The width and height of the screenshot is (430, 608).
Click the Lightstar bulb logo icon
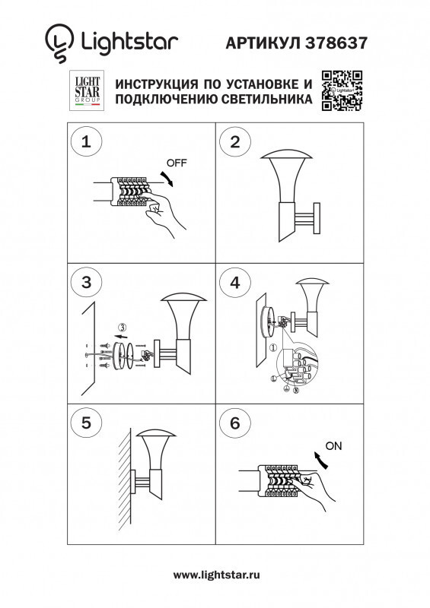57,42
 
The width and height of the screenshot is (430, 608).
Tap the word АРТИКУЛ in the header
263,44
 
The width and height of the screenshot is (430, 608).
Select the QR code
339,90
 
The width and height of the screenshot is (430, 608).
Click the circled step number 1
86,141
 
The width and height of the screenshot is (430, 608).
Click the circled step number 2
235,141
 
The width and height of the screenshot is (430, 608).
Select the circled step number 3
86,283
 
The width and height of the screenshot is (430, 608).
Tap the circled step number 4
235,283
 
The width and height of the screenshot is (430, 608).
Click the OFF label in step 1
176,163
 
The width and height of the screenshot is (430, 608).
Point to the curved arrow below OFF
169,179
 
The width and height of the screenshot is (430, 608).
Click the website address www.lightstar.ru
216,576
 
